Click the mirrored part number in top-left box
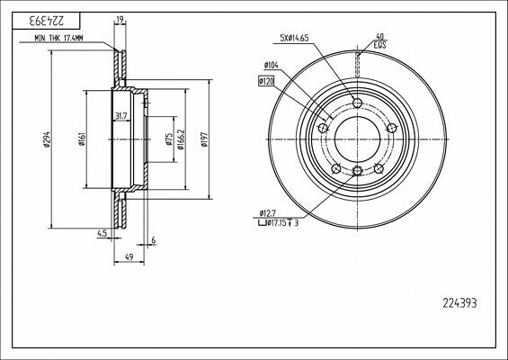point(41,19)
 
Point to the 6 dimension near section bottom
point(154,239)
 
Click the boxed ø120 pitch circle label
point(267,82)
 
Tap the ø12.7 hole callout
point(269,211)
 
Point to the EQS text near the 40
point(380,43)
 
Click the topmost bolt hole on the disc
point(357,103)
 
